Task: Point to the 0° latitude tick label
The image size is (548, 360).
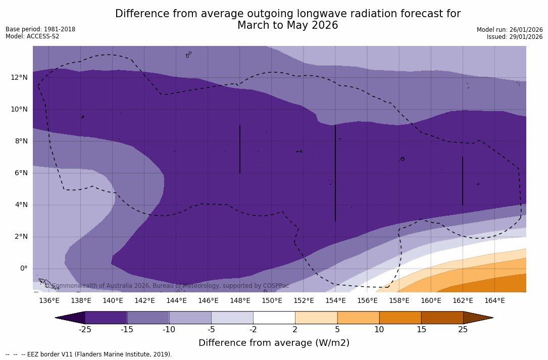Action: coord(23,268)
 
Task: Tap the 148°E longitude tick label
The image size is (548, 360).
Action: coord(240,300)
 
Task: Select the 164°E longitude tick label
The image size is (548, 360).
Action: coord(494,300)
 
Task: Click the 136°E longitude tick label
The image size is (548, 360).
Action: coord(49,300)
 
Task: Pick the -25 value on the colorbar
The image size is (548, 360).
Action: coord(85,330)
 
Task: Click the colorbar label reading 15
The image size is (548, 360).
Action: coord(421,330)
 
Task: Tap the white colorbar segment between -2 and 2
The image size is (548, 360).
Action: coord(274,318)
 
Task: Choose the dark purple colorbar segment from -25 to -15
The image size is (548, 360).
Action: coord(106,318)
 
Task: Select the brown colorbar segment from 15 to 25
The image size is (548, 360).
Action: coord(442,318)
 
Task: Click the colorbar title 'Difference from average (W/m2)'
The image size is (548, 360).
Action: coord(274,343)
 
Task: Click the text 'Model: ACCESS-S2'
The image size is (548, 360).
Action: coord(32,36)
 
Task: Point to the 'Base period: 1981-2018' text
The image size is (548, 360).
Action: coord(40,29)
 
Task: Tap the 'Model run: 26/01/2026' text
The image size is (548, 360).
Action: coord(510,30)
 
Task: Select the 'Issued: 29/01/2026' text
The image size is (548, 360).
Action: coord(515,37)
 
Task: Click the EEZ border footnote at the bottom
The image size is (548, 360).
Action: coord(89,354)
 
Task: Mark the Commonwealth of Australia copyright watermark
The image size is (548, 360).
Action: coord(167,286)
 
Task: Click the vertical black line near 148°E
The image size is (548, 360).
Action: coord(240,149)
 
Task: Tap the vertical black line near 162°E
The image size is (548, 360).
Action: coord(463,181)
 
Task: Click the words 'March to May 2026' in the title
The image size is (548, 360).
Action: coord(288,25)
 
